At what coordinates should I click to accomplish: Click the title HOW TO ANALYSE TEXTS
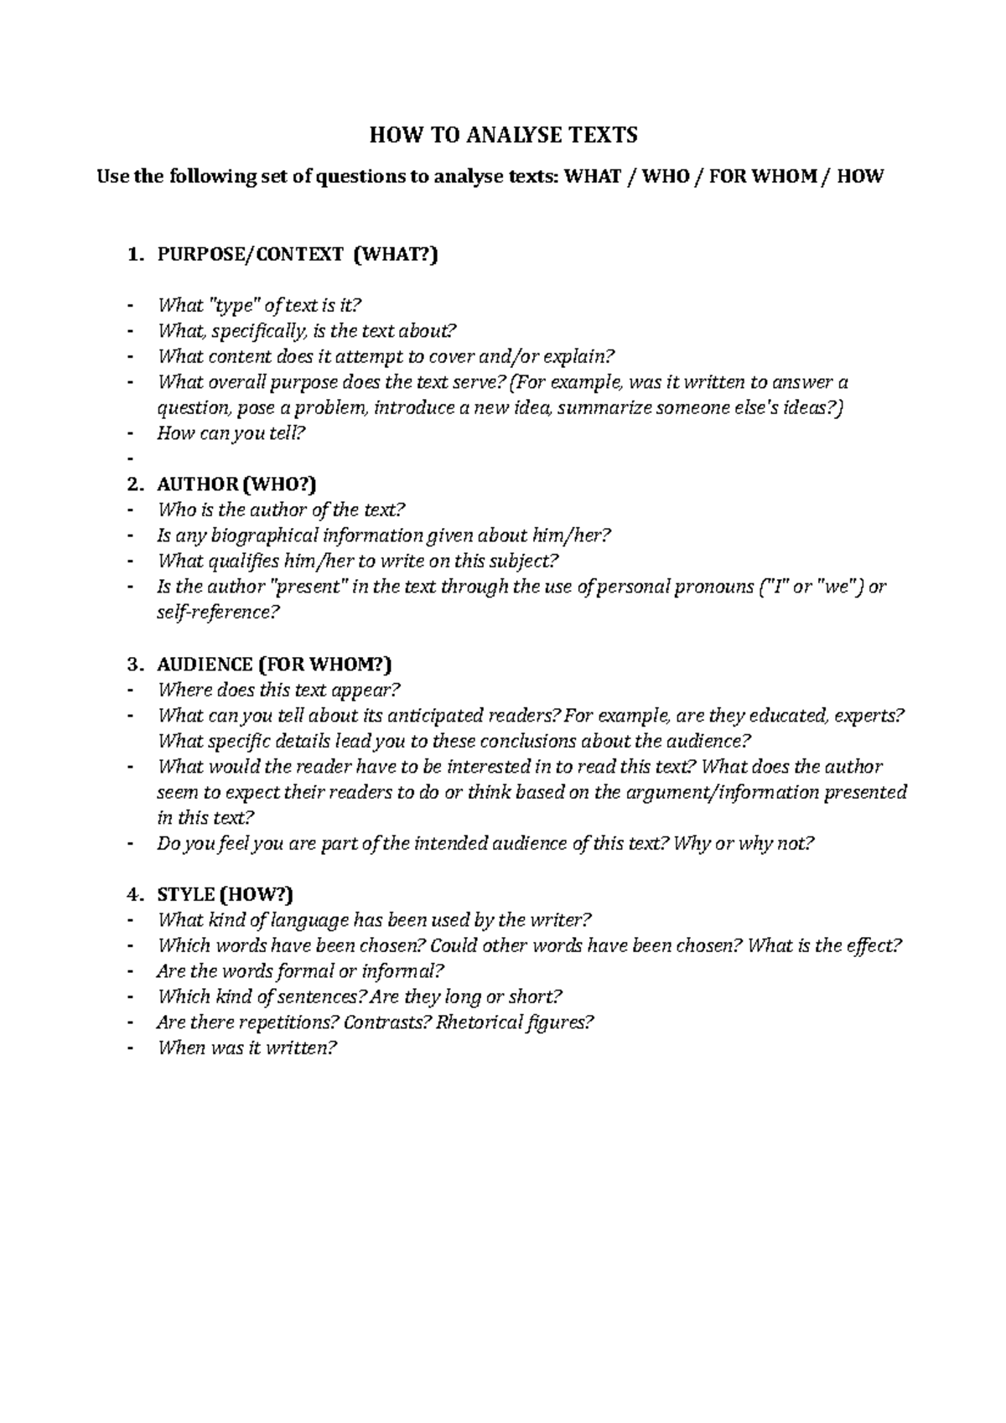(503, 135)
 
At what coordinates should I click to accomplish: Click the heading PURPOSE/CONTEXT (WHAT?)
(298, 255)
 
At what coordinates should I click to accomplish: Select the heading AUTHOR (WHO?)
(236, 484)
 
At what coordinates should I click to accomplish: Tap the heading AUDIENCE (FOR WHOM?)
(274, 665)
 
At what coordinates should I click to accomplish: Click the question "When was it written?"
(246, 1048)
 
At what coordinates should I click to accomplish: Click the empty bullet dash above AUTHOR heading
(129, 459)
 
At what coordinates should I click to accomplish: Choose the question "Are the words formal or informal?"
(300, 971)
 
